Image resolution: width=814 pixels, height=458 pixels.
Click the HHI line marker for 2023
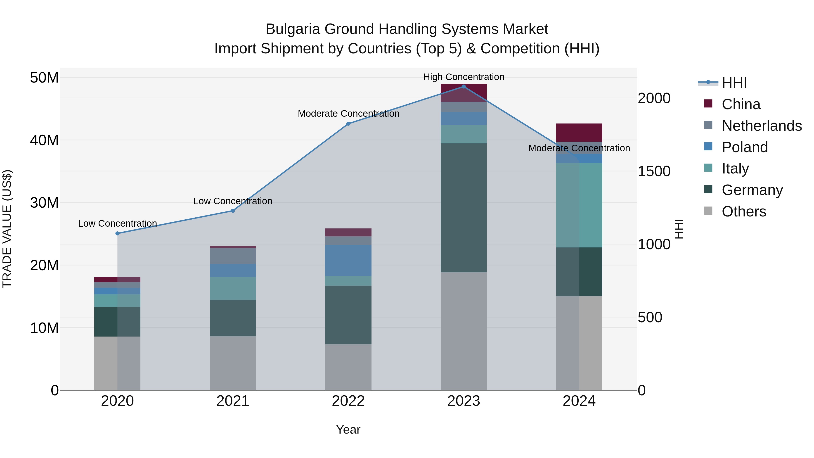(464, 87)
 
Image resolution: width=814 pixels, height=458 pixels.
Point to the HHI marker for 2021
(233, 211)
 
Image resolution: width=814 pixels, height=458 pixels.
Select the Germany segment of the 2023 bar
(464, 208)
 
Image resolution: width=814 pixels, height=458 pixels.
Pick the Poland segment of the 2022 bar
(348, 261)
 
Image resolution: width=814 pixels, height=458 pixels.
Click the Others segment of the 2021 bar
(233, 363)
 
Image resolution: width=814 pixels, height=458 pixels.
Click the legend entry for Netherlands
(762, 126)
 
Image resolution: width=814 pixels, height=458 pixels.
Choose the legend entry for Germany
(752, 190)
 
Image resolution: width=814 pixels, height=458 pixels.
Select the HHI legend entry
(734, 83)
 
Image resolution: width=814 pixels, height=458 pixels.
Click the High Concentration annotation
(464, 77)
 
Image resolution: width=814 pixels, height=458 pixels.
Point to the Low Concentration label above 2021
(233, 201)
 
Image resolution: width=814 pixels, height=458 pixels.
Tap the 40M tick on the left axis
(44, 140)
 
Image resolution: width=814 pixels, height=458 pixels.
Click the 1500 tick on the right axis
(654, 171)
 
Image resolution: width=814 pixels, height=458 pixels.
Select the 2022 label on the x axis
(348, 401)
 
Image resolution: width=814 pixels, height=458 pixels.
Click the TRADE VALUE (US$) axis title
(7, 229)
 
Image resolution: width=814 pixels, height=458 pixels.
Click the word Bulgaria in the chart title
(293, 29)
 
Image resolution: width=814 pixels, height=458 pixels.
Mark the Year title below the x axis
(348, 430)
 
